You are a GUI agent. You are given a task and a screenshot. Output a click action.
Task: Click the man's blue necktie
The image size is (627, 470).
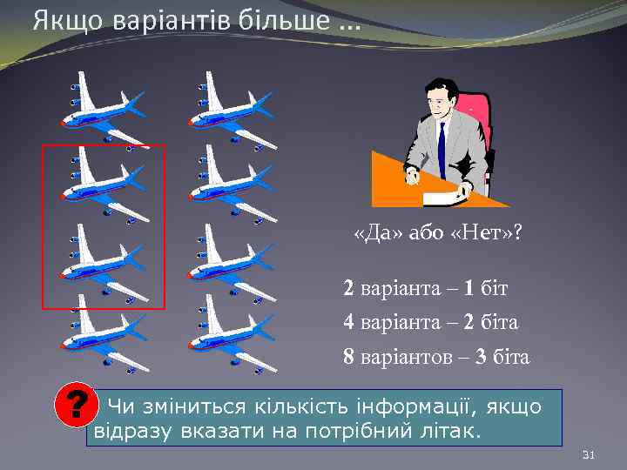[442, 148]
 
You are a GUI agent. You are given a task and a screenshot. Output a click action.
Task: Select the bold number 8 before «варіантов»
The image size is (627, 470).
[349, 358]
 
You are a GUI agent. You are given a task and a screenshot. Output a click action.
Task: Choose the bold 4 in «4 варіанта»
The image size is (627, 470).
[349, 322]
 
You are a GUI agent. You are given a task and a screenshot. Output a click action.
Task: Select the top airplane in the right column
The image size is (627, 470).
[231, 109]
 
